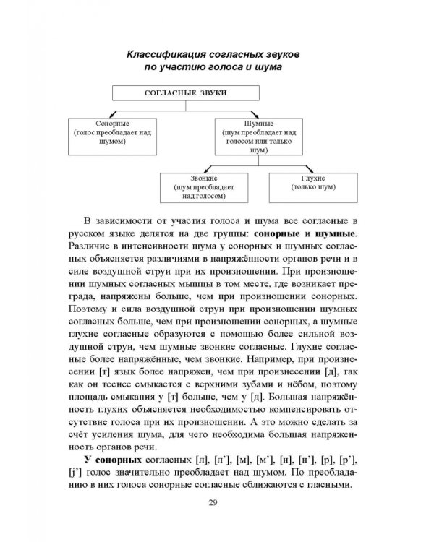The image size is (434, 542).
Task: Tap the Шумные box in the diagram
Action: click(x=258, y=138)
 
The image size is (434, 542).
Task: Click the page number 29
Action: click(x=218, y=505)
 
